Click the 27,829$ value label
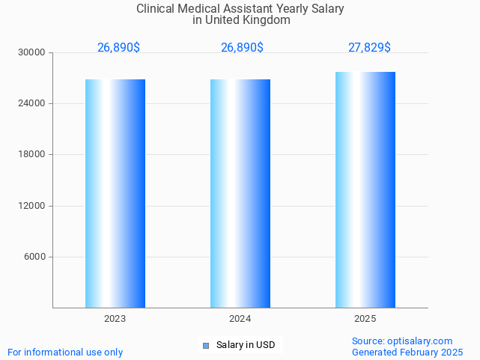[369, 48]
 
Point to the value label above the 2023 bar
[118, 48]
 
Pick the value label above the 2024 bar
[242, 48]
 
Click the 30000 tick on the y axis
[32, 53]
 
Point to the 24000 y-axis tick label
[32, 104]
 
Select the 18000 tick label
[32, 155]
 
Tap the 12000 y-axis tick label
[32, 206]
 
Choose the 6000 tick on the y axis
[34, 257]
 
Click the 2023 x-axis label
[115, 319]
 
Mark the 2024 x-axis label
[240, 319]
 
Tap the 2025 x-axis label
[365, 319]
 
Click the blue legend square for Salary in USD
[206, 346]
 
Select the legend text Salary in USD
[246, 345]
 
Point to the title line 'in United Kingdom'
[241, 20]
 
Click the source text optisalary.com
[420, 341]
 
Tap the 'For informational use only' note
[65, 352]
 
